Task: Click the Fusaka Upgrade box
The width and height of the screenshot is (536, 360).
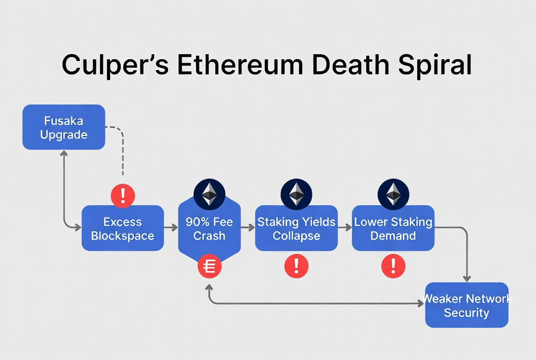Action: [x=64, y=127]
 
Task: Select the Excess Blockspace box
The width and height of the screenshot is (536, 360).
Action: [x=123, y=228]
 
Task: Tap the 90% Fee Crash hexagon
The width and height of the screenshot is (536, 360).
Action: [x=209, y=228]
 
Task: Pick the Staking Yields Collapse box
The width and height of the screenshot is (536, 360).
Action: [x=296, y=228]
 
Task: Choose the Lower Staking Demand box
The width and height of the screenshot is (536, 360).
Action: [x=393, y=228]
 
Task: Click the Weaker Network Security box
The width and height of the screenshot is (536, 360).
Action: [x=466, y=305]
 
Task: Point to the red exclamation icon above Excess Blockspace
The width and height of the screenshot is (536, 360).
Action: [x=123, y=196]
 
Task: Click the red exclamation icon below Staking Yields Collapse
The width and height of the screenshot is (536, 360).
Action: [x=296, y=266]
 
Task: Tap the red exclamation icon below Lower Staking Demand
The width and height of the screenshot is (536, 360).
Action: [x=393, y=266]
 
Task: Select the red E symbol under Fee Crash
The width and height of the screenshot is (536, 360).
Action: [x=209, y=266]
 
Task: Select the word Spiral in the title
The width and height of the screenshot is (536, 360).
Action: [x=435, y=65]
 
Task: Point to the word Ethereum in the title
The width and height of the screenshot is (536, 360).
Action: [x=240, y=65]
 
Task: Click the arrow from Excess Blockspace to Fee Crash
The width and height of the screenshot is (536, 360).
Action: [x=171, y=227]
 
